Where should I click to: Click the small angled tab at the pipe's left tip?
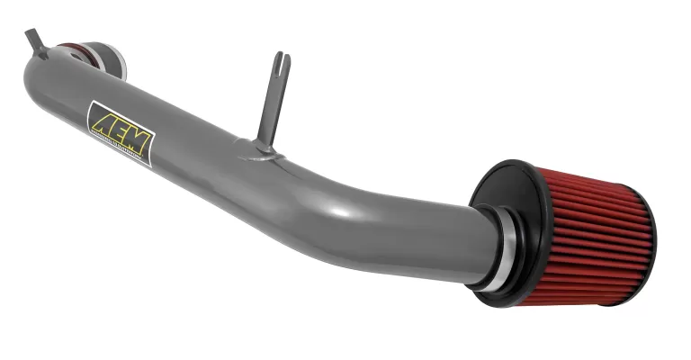35,41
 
